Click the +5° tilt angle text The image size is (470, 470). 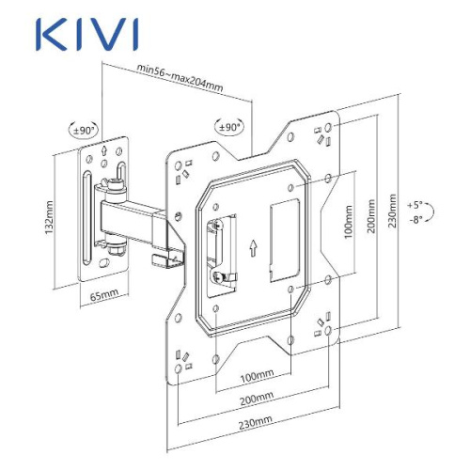[x=415, y=204]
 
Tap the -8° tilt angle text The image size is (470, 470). [x=415, y=219]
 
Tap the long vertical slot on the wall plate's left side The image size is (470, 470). [x=86, y=222]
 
